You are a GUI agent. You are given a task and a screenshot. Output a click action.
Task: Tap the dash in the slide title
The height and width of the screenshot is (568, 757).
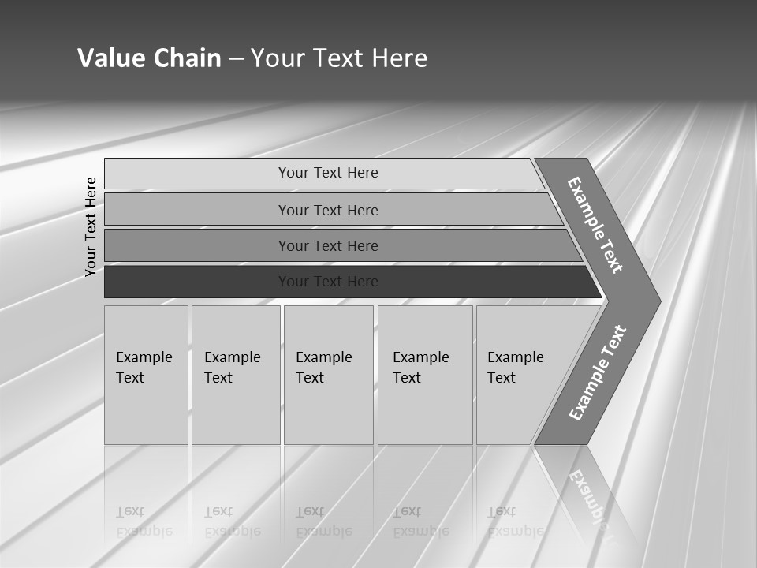pos(236,58)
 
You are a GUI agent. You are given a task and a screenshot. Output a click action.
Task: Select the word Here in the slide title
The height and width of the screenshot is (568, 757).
pos(399,58)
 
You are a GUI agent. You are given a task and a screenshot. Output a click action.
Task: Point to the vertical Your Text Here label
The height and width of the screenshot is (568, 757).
pos(91,226)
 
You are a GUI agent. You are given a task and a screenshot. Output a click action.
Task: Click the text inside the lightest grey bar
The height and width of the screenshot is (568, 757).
pos(328,173)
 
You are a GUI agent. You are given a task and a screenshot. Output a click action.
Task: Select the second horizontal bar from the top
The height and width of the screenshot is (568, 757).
pos(328,210)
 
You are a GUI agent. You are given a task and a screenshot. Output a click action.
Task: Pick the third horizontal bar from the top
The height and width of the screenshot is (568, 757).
pos(328,246)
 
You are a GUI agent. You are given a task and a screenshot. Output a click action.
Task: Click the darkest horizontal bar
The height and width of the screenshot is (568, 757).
pos(328,282)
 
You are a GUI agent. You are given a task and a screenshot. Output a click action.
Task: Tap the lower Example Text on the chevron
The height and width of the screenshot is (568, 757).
pos(597,373)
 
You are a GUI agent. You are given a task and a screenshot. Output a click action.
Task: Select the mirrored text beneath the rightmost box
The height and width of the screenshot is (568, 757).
pos(513,521)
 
